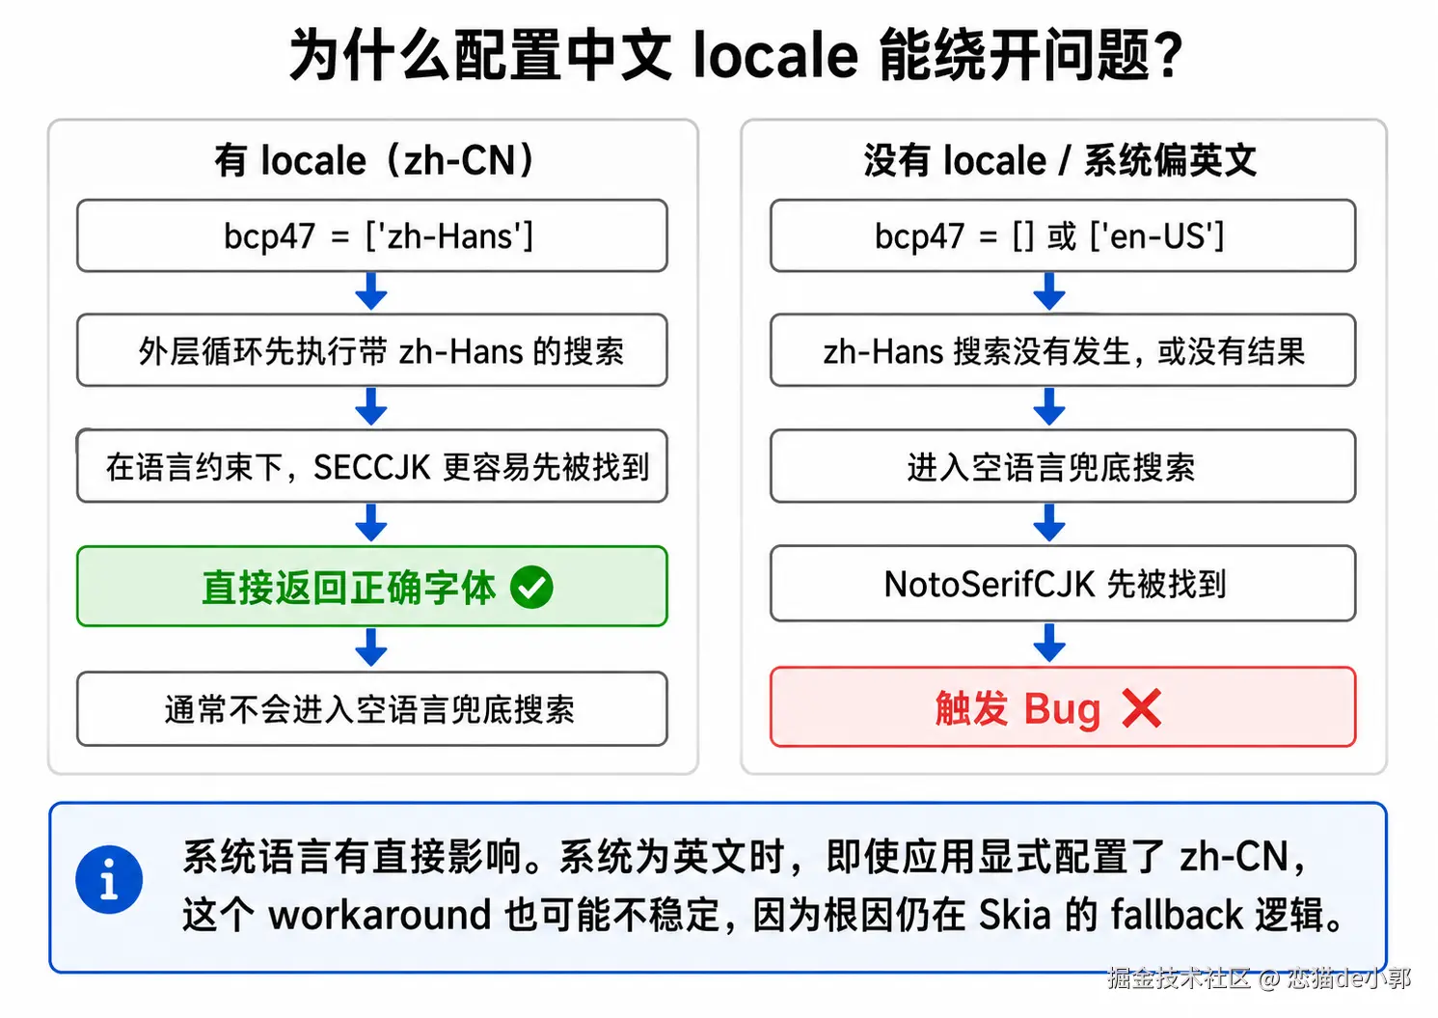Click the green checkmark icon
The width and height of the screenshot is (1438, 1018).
click(531, 587)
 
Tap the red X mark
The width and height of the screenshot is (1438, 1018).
click(1141, 708)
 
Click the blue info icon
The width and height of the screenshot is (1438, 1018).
click(109, 879)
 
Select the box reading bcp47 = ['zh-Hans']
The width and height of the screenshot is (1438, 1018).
click(372, 235)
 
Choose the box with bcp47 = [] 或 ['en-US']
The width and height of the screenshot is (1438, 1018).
click(1063, 235)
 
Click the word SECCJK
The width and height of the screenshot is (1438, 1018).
click(371, 467)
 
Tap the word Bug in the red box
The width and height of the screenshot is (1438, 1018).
click(1063, 710)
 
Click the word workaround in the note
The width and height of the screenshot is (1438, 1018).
click(379, 915)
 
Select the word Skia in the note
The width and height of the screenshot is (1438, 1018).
click(1015, 915)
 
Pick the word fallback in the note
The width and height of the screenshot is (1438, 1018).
click(1177, 915)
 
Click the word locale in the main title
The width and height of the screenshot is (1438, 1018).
click(775, 55)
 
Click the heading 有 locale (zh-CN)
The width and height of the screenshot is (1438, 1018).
click(374, 160)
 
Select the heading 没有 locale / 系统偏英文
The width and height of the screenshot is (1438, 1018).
click(1061, 160)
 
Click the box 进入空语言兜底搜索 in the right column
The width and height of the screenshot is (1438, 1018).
click(1063, 466)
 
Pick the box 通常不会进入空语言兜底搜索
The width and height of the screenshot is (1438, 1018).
click(372, 709)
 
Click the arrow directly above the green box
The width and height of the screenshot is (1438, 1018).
click(371, 522)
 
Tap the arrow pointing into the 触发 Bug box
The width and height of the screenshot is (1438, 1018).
click(1049, 643)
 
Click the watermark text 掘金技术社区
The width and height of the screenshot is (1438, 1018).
click(1180, 978)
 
